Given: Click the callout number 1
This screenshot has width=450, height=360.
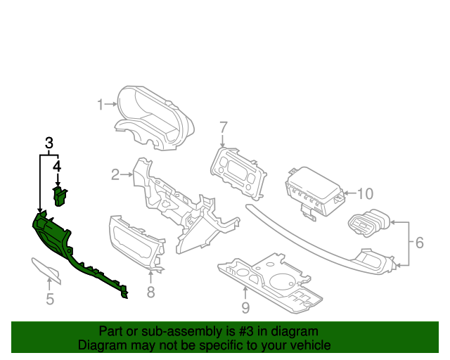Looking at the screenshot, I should [x=101, y=105].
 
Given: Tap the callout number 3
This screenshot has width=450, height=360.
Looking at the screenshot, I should [x=49, y=143].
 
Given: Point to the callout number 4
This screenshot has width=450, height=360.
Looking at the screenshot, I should [x=58, y=167].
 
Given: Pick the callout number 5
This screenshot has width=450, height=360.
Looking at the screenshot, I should [x=50, y=300].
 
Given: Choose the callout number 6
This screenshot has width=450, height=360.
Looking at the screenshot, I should [x=418, y=243].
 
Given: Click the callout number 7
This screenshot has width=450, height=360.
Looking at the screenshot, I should [x=224, y=127].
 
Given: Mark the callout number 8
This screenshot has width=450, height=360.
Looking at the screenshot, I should [x=150, y=292].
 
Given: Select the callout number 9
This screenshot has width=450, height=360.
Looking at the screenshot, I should [x=245, y=307].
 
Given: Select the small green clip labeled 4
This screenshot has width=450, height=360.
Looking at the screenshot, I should [x=62, y=196].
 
